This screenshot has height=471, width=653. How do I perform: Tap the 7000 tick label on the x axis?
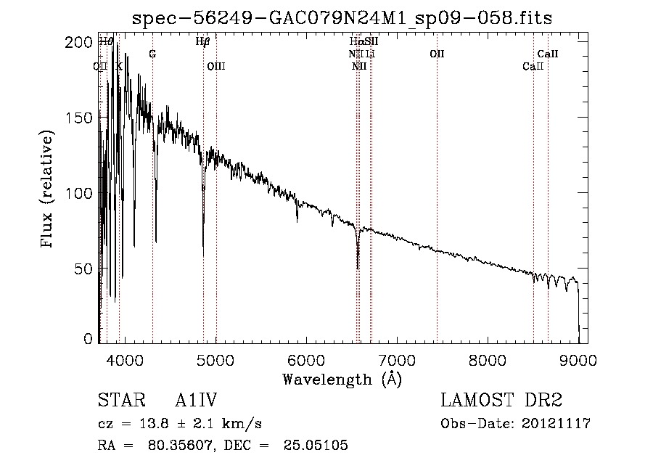click(x=397, y=359)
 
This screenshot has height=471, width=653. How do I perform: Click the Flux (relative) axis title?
click(x=49, y=190)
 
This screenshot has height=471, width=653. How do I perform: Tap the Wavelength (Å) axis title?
click(x=342, y=379)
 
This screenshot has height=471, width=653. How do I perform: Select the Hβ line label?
click(x=203, y=42)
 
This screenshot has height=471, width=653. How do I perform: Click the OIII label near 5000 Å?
click(x=216, y=66)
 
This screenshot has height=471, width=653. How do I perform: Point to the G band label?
click(x=152, y=54)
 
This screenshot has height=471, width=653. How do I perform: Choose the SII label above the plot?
click(x=371, y=42)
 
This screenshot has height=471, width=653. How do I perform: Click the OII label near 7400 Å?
click(x=437, y=54)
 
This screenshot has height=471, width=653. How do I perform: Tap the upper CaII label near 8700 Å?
click(x=548, y=54)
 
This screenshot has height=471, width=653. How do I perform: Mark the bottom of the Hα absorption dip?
click(x=358, y=268)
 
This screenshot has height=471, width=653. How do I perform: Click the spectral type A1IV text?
click(x=196, y=401)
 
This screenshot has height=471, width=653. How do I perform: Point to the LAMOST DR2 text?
click(x=501, y=401)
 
